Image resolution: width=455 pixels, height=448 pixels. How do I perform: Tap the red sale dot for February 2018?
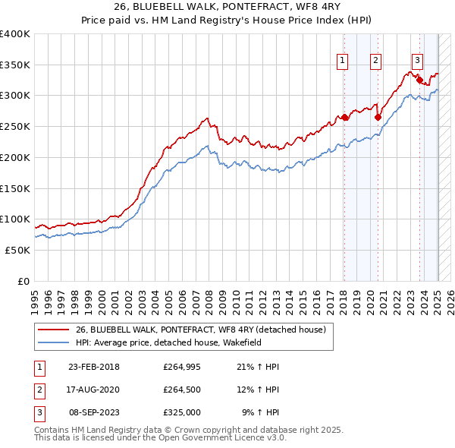[x=344, y=117]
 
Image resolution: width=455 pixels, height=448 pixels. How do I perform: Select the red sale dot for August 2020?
[x=377, y=117]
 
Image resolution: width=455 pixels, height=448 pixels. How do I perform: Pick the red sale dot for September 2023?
[x=419, y=79]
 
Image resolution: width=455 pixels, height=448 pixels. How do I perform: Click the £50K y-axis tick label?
[x=17, y=250]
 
